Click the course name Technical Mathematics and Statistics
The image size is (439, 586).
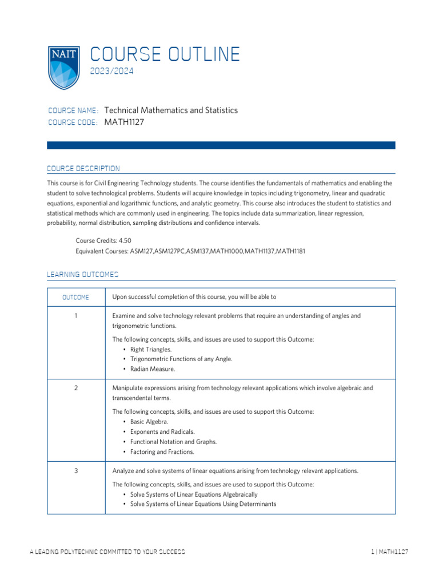point(171,110)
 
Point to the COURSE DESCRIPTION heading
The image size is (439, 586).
point(83,169)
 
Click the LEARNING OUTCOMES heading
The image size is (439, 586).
point(82,275)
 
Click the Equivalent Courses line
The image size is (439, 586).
point(186,251)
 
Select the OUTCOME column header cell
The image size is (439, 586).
point(75,297)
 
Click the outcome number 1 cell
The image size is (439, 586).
point(75,316)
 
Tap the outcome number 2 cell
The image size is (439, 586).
point(75,388)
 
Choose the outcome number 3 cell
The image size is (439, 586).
point(75,471)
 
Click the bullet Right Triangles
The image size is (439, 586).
point(150,349)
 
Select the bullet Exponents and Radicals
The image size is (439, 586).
point(162,431)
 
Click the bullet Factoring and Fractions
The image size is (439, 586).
point(162,452)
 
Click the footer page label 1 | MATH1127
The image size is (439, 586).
point(389,552)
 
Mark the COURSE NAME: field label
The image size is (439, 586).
point(73,110)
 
